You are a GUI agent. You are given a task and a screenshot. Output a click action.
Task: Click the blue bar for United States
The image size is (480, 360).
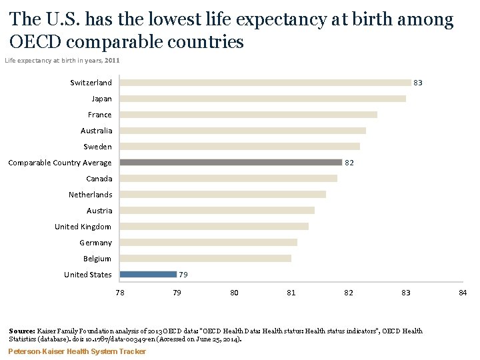click(x=148, y=274)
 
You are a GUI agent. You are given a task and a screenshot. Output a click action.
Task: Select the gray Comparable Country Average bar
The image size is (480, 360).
click(x=231, y=162)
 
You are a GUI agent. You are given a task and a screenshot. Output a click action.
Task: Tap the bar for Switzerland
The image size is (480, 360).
click(x=265, y=83)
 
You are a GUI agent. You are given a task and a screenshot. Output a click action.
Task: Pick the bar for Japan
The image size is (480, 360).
click(x=263, y=99)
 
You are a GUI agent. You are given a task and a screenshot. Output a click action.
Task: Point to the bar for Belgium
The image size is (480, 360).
click(x=205, y=258)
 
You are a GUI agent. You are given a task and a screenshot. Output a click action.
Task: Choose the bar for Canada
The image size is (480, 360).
click(x=229, y=178)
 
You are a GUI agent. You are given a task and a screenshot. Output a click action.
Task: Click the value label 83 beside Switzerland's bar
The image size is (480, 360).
click(x=418, y=83)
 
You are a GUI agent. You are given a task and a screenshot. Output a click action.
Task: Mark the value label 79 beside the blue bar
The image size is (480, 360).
click(x=183, y=274)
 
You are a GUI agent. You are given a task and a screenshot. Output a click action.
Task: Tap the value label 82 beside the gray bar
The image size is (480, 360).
click(x=349, y=162)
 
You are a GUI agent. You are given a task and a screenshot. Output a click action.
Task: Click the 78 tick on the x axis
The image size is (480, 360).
click(x=120, y=293)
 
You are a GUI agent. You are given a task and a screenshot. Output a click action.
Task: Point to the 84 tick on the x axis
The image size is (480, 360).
click(x=463, y=293)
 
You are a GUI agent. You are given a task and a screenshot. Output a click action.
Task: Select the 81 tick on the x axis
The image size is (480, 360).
click(x=291, y=293)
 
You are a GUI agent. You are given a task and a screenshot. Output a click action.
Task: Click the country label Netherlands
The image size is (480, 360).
click(x=90, y=195)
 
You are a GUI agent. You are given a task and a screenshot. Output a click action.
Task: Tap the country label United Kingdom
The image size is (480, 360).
click(x=83, y=227)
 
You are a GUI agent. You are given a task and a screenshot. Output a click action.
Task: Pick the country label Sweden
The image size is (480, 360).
click(x=97, y=147)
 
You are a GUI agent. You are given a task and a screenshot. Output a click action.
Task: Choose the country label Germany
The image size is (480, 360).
click(x=95, y=243)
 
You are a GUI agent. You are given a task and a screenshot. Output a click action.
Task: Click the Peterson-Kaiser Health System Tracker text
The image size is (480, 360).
click(x=77, y=351)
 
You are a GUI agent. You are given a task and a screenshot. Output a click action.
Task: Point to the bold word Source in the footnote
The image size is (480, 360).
click(x=21, y=331)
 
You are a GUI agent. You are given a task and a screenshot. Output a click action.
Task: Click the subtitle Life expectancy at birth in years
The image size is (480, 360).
click(x=53, y=61)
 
